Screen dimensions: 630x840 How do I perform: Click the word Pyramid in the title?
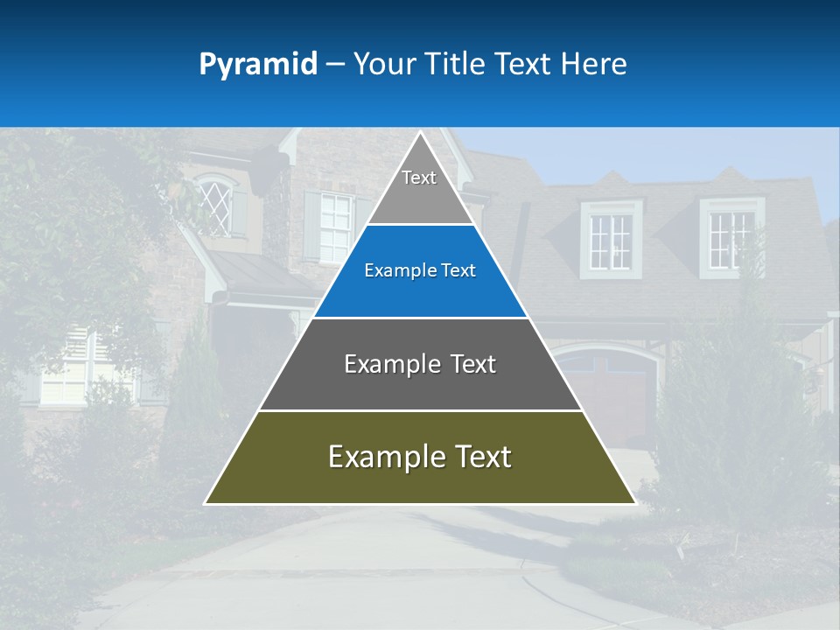tap(258, 65)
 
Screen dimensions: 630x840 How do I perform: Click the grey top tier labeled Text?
tap(419, 188)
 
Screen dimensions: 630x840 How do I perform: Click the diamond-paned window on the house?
tap(216, 206)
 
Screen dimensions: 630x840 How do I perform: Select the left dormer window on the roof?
tap(610, 240)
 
